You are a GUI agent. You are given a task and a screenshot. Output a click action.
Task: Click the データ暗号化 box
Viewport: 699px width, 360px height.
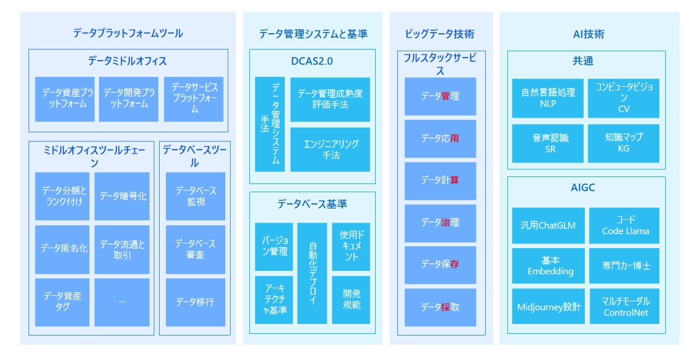(122, 196)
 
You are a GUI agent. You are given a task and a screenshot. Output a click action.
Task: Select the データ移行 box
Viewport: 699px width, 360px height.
(195, 302)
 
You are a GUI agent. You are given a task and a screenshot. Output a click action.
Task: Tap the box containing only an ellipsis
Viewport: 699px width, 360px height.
(122, 302)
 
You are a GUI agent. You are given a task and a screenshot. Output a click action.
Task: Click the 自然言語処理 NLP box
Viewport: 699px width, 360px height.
(548, 98)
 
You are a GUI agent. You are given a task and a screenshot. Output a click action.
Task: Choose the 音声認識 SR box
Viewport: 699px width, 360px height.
(548, 143)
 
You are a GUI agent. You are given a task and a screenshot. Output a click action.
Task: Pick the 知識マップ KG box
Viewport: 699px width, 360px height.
(623, 143)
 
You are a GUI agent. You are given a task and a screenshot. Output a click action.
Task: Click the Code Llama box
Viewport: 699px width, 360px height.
(624, 225)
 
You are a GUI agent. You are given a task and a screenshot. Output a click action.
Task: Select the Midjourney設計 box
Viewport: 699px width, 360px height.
(548, 306)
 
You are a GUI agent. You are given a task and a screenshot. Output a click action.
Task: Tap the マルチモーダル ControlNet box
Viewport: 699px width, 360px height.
(624, 306)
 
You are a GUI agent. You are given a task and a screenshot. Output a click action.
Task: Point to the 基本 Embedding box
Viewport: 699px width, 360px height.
(548, 266)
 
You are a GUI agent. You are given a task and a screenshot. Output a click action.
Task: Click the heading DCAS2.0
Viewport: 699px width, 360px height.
(312, 61)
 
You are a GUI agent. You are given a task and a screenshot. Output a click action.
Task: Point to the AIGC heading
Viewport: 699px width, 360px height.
(582, 188)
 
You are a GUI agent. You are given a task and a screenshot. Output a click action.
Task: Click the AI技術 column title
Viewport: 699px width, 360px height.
(588, 34)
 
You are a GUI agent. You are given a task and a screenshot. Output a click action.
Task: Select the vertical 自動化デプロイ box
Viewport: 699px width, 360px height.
(312, 273)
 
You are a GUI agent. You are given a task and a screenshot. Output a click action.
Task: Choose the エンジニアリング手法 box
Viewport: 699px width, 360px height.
(330, 150)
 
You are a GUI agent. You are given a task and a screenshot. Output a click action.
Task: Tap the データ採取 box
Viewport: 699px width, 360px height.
(440, 308)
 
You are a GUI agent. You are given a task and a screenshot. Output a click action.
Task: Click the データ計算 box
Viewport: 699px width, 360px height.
(440, 181)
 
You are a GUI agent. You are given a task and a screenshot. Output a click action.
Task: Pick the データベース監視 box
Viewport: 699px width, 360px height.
(195, 196)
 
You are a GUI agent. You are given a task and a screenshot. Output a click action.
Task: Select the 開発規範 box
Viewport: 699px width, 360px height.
(351, 300)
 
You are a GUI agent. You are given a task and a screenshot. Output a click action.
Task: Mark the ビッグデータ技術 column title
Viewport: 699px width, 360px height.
(439, 34)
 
